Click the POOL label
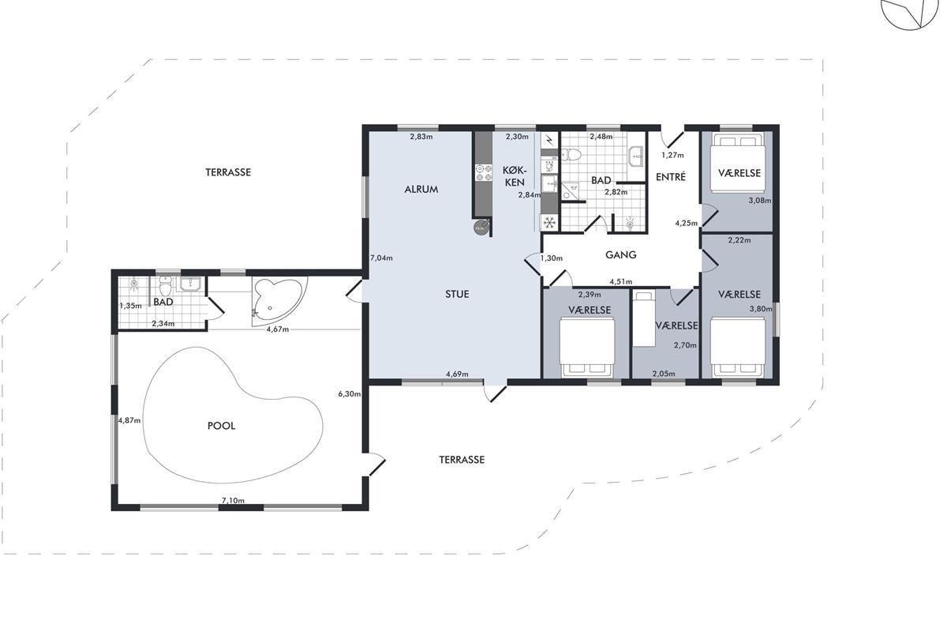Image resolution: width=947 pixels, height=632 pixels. click(x=221, y=426)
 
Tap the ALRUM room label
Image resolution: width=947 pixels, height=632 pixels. click(x=421, y=190)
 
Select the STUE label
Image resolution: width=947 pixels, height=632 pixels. click(x=457, y=294)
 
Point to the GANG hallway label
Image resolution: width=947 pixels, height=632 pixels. click(x=620, y=255)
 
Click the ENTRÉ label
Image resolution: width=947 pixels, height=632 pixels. click(x=671, y=177)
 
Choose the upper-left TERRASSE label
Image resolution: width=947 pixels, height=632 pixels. click(x=228, y=172)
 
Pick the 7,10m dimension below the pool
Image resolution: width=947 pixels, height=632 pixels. click(x=233, y=500)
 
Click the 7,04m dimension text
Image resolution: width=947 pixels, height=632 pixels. click(x=382, y=258)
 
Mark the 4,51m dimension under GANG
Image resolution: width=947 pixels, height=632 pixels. click(x=620, y=281)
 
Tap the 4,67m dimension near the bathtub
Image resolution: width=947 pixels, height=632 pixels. click(x=278, y=329)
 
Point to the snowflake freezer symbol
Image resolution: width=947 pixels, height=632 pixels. click(x=549, y=222)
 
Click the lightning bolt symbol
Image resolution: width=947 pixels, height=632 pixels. click(x=548, y=139)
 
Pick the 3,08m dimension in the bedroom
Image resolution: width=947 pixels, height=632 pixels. click(x=760, y=201)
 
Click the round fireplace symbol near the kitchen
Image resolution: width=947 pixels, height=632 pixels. click(x=481, y=228)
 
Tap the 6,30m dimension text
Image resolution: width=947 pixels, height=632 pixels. click(x=349, y=394)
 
